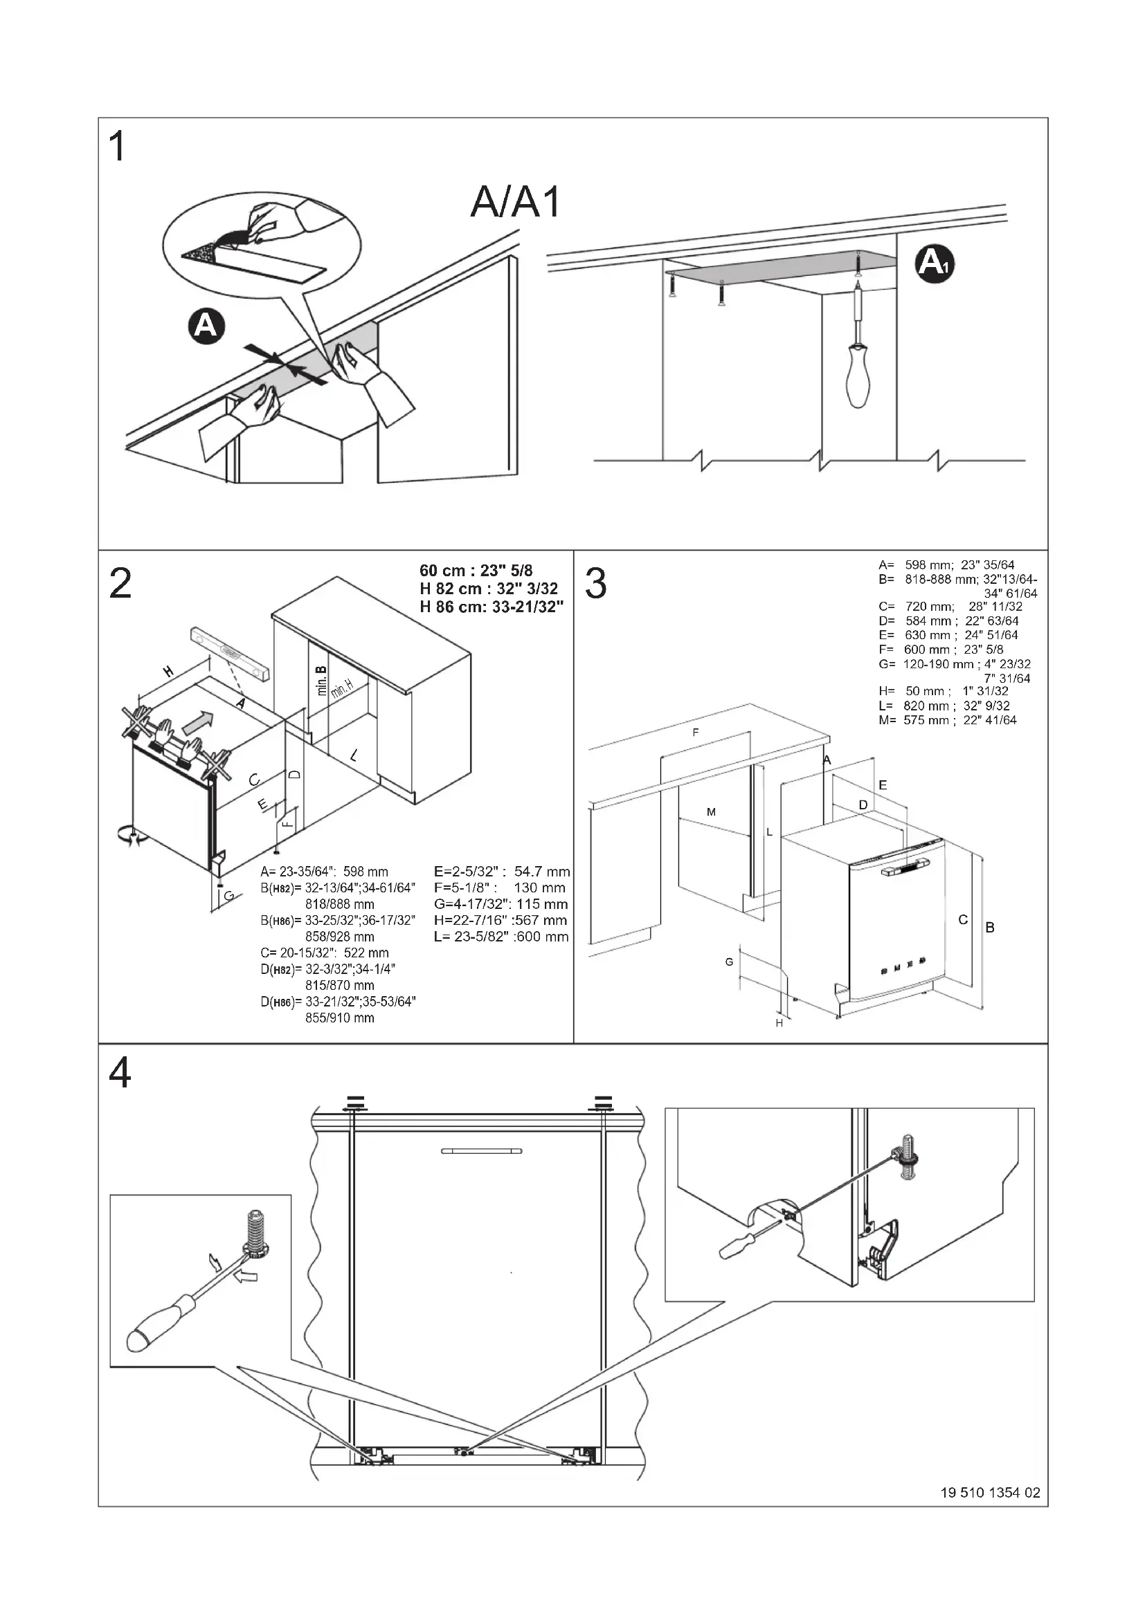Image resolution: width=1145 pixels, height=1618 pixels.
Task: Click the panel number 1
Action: (x=118, y=148)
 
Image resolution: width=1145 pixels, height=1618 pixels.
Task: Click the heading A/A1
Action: (x=516, y=203)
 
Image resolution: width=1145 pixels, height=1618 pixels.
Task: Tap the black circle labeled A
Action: (x=205, y=327)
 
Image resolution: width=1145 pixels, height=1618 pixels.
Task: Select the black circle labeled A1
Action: (x=934, y=264)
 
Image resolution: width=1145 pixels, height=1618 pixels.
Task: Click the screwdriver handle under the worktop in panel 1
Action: (x=858, y=376)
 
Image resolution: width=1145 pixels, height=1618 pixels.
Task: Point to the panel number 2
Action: (x=120, y=585)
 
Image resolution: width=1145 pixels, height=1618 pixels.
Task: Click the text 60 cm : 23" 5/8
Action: (x=476, y=571)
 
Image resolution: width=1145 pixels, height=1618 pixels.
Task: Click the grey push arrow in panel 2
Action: (x=197, y=722)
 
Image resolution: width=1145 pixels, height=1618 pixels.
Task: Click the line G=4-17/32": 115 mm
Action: (x=501, y=904)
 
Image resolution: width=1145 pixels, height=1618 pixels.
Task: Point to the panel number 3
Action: (x=596, y=585)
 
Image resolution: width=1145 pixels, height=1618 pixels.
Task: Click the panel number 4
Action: (x=120, y=1075)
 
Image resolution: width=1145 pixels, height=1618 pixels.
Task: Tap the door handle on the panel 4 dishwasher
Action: (x=482, y=1152)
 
